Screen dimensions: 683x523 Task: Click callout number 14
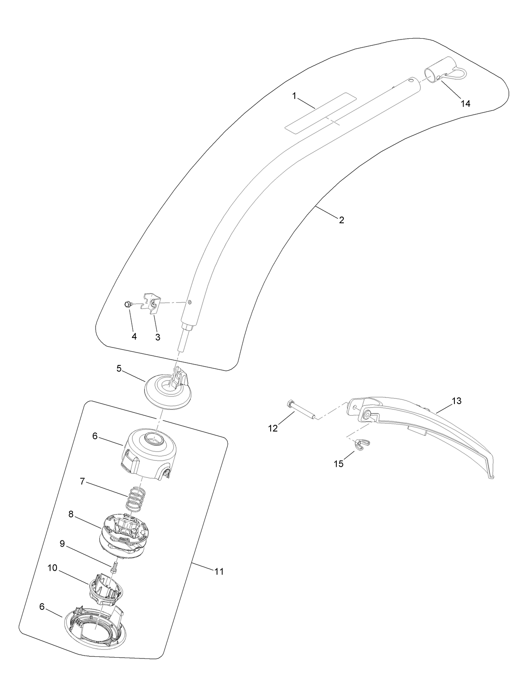(x=466, y=104)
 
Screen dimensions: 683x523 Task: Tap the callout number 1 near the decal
(x=294, y=96)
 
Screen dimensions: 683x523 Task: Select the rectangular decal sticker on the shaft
(x=321, y=113)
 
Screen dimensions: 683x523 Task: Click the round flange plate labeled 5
(x=167, y=390)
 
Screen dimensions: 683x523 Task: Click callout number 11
(x=219, y=572)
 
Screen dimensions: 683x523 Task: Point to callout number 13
(x=456, y=401)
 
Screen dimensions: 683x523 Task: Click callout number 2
(x=341, y=220)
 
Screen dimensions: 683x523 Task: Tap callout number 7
(x=83, y=481)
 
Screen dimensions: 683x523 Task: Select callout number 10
(x=52, y=568)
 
